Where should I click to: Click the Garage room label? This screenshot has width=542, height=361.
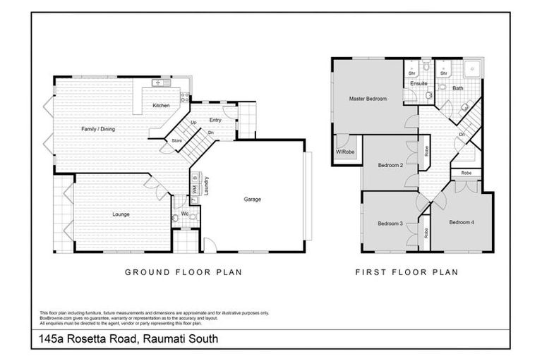point(253,200)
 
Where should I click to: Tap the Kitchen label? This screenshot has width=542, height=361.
point(162,106)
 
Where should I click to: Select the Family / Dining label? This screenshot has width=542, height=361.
point(97,129)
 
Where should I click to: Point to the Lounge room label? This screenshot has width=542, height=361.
point(120,213)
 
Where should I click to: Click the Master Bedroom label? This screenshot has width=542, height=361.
point(368,99)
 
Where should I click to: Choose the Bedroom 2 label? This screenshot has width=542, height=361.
point(390,166)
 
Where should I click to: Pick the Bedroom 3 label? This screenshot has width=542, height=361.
point(390,224)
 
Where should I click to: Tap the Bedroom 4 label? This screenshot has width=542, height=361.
point(462,222)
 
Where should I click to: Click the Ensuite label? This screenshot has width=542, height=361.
point(419,84)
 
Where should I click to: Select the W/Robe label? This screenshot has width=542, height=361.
point(344,152)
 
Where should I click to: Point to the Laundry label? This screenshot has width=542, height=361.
point(206,185)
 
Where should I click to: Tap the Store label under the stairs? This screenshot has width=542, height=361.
point(176,141)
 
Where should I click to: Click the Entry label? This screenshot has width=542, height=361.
point(215,120)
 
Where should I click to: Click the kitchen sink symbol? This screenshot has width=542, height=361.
point(158,83)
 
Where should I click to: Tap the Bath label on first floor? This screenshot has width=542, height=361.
point(458,88)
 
